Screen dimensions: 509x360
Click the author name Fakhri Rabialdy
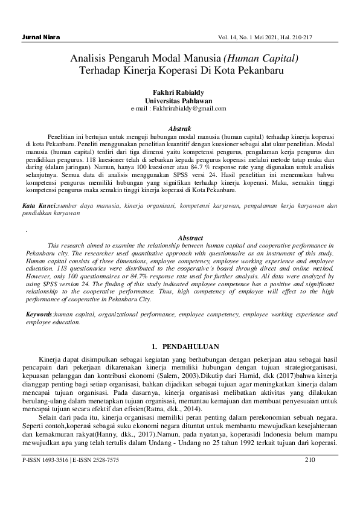179,92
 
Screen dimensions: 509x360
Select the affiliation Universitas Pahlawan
179,100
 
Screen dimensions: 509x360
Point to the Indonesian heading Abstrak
179,129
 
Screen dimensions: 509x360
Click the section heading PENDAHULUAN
192,347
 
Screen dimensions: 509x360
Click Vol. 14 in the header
234,37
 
